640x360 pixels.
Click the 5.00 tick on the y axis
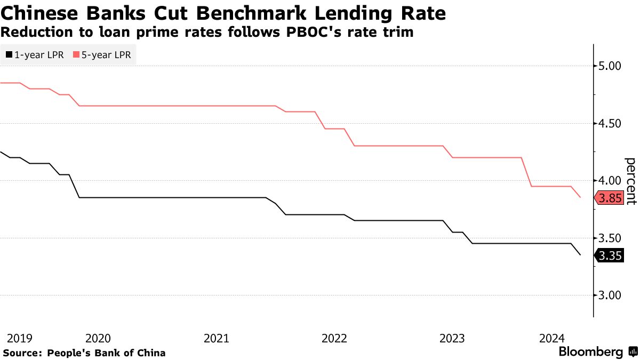[x=611, y=66]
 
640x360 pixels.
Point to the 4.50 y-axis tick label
[x=611, y=123]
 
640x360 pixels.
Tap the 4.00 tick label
[x=611, y=180]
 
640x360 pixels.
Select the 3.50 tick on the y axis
[x=611, y=238]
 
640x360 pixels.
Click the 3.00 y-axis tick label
[x=611, y=295]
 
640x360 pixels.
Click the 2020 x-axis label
[x=98, y=338]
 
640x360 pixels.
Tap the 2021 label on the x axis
[x=216, y=338]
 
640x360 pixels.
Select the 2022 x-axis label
[x=334, y=338]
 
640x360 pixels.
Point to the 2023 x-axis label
[x=452, y=338]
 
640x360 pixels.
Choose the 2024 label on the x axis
[x=552, y=338]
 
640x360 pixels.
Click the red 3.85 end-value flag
[x=610, y=199]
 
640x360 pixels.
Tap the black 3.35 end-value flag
[x=610, y=256]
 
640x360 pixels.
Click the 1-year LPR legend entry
[x=36, y=54]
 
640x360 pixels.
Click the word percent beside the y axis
[x=630, y=181]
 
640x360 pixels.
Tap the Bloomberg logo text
[x=590, y=352]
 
